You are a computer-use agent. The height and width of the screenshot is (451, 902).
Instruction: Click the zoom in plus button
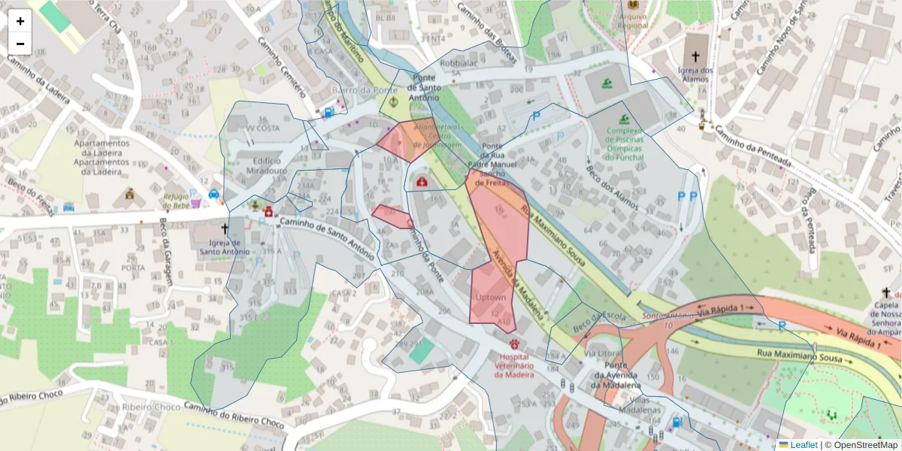[20, 21]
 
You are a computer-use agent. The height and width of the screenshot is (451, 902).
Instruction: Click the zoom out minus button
[20, 44]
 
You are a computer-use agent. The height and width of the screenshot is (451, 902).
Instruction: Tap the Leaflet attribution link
[803, 445]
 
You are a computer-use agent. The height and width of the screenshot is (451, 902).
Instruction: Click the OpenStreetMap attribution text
[861, 445]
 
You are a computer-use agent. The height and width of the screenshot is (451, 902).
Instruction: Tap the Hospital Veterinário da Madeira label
[513, 365]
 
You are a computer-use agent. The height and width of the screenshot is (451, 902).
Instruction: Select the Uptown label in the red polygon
[491, 298]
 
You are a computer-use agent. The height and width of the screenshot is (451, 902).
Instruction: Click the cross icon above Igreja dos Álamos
[695, 56]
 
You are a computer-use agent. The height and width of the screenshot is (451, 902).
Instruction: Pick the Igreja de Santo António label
[224, 247]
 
